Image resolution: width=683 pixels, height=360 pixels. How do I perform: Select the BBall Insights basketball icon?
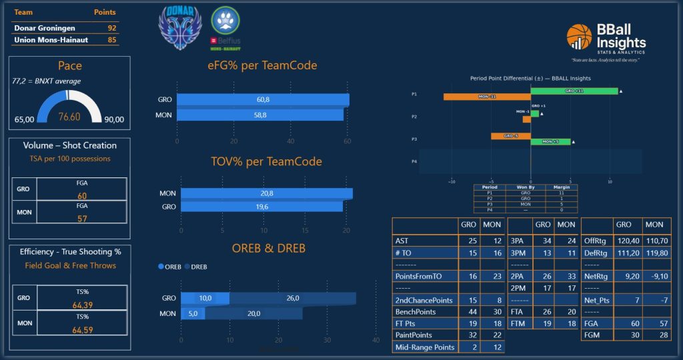[x=579, y=36]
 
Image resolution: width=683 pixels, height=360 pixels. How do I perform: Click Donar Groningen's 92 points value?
[x=111, y=28]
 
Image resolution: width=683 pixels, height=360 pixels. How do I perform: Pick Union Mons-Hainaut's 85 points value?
[x=111, y=39]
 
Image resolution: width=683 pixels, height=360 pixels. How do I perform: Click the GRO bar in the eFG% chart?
[x=263, y=99]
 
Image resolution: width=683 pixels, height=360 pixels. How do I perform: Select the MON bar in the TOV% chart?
[x=266, y=193]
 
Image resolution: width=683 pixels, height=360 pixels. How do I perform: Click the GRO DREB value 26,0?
[x=292, y=298]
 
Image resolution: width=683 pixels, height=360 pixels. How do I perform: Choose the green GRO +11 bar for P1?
[x=574, y=91]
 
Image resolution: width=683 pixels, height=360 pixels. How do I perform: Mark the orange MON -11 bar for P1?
[x=487, y=97]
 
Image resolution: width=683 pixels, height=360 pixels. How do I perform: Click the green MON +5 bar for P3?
[x=550, y=141]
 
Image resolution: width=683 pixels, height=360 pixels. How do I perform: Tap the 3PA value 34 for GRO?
[x=544, y=240]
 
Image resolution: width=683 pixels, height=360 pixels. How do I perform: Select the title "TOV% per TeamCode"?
[x=266, y=161]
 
